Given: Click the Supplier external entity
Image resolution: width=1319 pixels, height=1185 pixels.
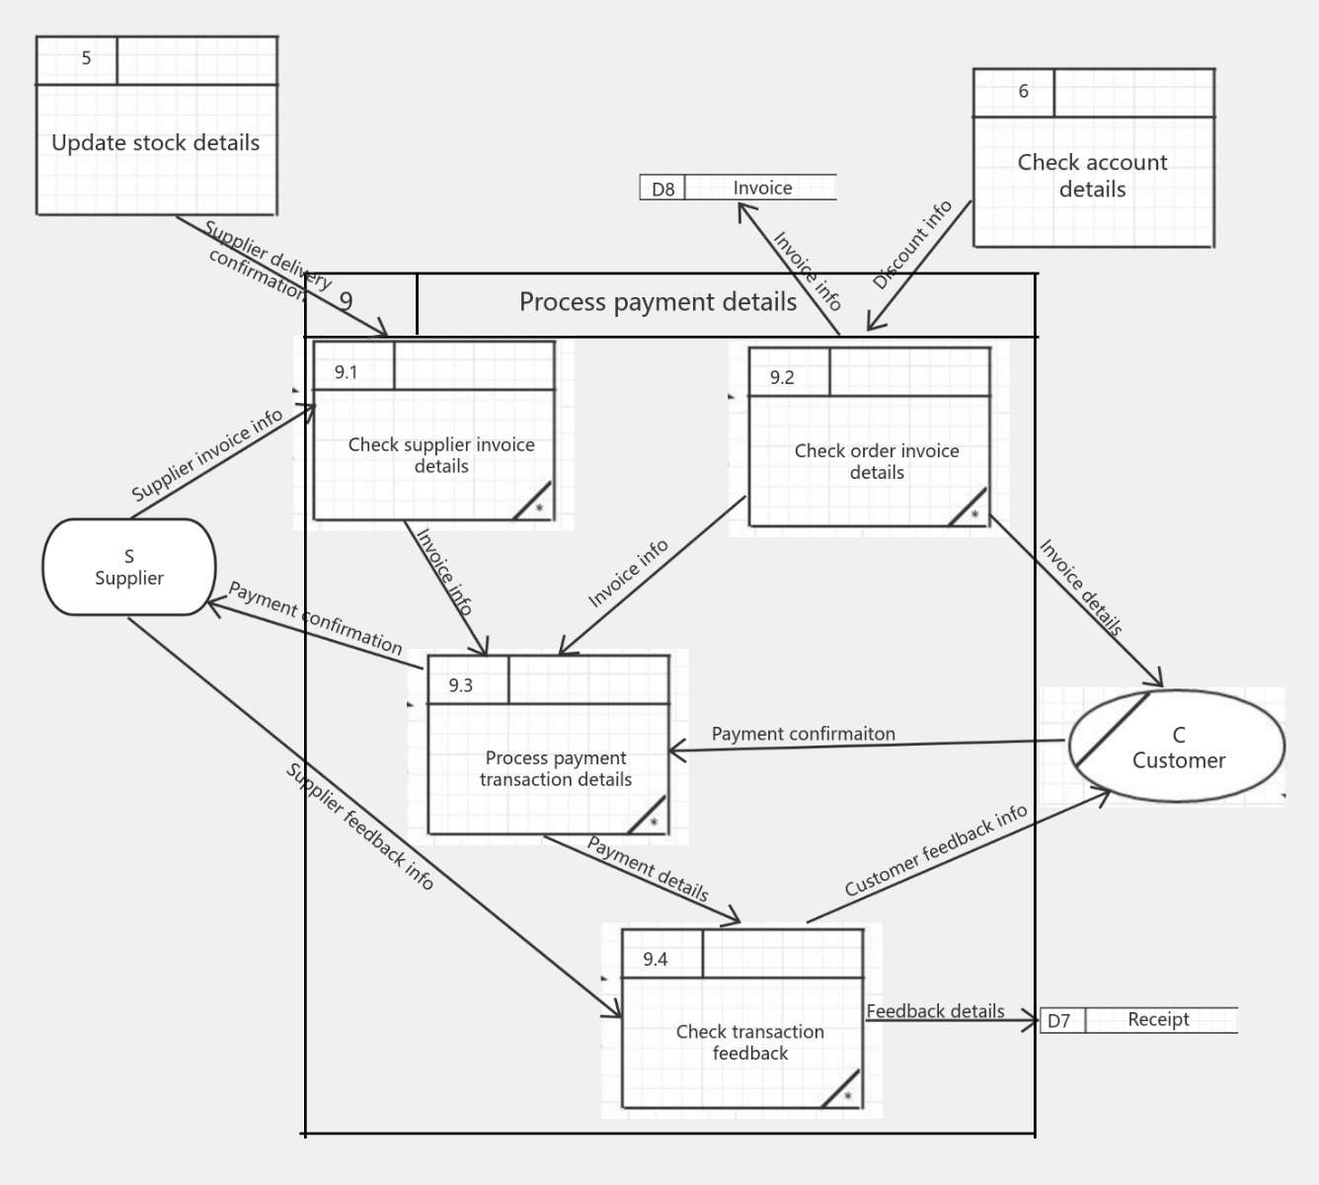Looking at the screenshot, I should [x=128, y=567].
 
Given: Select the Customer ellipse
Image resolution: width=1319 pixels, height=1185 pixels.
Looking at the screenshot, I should [x=1177, y=747].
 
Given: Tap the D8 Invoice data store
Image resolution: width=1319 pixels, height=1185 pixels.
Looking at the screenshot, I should [x=738, y=188].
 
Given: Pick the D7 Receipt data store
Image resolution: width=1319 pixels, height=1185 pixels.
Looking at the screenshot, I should [x=1138, y=1020].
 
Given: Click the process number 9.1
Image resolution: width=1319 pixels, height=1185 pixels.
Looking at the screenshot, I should [x=346, y=372].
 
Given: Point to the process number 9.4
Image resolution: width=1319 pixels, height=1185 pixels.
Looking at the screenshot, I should [x=655, y=959].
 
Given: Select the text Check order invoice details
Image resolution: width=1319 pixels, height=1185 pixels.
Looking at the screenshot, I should [x=877, y=461].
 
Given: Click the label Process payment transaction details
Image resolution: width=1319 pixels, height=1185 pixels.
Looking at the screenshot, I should [x=556, y=768].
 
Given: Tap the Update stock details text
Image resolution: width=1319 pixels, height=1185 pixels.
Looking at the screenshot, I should [x=156, y=142].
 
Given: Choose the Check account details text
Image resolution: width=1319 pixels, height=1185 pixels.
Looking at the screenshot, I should [x=1092, y=175].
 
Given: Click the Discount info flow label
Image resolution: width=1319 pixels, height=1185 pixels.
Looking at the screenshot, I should [x=911, y=245].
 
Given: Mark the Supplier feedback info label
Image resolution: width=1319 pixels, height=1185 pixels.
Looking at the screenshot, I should [x=360, y=827].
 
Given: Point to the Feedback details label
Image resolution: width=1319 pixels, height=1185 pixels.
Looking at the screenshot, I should [x=935, y=1011].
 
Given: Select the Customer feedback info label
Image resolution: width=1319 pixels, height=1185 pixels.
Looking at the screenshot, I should [x=935, y=850].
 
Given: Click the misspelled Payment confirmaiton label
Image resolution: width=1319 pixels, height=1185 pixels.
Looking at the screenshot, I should [x=803, y=734].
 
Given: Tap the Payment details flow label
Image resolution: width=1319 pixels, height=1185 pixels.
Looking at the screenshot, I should [x=648, y=869].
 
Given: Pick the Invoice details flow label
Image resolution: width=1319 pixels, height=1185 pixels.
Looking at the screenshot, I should [x=1080, y=588].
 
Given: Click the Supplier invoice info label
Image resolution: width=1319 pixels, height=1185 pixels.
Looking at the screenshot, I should [x=207, y=454].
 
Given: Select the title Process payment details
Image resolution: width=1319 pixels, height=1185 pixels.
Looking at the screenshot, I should [x=658, y=302].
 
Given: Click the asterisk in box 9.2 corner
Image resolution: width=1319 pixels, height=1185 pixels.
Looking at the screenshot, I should [x=974, y=514].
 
